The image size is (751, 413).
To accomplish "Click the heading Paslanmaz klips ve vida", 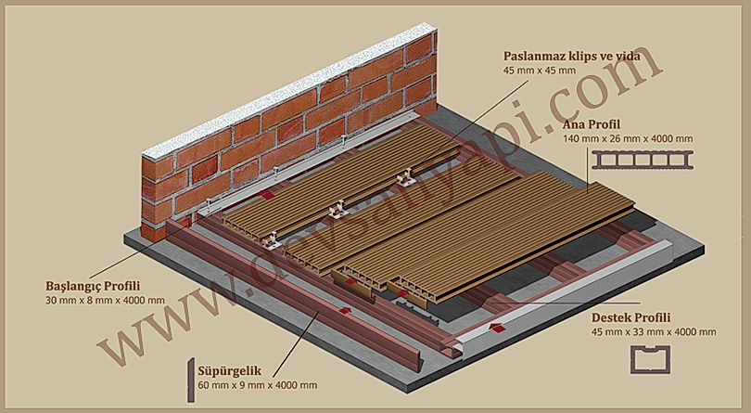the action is (571, 56).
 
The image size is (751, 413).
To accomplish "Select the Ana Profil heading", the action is (591, 124).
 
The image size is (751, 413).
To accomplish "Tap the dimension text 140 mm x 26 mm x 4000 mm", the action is (629, 139).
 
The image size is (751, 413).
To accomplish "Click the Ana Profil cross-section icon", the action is (643, 160).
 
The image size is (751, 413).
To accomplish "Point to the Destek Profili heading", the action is (630, 317).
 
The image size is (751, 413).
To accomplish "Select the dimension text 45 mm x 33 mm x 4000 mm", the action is (654, 332).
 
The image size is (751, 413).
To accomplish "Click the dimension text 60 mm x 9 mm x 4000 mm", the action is (257, 385).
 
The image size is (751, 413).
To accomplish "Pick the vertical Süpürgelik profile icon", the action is (191, 380).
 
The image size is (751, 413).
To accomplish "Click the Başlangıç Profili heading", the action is (93, 287).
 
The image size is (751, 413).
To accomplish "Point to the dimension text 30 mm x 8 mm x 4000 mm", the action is (105, 301).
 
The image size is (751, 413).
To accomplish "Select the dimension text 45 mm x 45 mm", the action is (540, 71).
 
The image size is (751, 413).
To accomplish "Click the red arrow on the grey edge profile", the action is (498, 329).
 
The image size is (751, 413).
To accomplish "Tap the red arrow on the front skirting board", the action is (344, 310).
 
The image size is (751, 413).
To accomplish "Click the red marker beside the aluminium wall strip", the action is (267, 195).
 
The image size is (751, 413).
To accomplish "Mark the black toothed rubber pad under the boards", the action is (416, 309).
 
